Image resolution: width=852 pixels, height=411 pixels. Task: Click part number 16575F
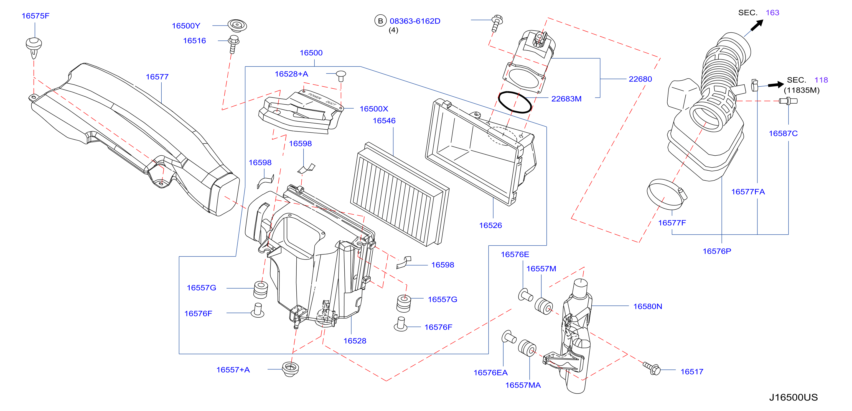(35, 16)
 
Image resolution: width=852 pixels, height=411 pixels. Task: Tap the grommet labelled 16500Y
(237, 25)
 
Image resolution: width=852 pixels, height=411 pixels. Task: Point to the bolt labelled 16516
(233, 44)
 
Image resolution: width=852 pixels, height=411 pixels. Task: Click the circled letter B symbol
(380, 21)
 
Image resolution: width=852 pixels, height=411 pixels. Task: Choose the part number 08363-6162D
(415, 21)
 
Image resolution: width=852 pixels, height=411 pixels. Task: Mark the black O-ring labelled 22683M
(515, 102)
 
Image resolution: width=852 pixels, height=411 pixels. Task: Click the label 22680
(640, 79)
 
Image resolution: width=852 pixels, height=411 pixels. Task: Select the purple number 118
(821, 80)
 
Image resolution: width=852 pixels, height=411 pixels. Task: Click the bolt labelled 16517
(652, 368)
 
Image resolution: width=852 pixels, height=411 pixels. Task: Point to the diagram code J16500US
(793, 397)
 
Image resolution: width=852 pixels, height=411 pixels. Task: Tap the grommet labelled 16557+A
(290, 369)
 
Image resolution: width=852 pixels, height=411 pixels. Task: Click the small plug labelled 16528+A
(341, 76)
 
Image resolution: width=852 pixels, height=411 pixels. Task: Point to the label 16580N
(648, 306)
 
